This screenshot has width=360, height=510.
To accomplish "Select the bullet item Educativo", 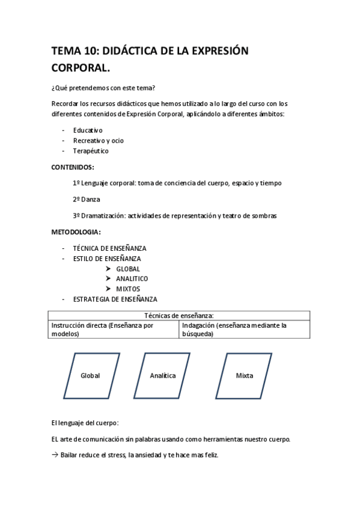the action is point(88,130).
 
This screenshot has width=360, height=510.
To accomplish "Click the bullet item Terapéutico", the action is point(91,151).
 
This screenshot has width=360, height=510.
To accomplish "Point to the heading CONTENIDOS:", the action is point(73,167).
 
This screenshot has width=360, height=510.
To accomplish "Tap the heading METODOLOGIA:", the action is point(76,232).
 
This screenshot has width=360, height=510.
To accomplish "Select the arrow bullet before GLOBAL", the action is point(108,269).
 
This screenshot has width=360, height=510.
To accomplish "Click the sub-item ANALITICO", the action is point(132,279).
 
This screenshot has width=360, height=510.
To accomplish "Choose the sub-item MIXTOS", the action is point(128,289).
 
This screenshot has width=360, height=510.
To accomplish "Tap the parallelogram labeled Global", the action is point(90,376).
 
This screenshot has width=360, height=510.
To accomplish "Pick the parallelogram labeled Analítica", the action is point(162,376).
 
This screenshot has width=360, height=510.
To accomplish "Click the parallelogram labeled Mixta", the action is point(245,376).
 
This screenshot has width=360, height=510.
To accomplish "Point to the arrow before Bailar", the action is point(55,455).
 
